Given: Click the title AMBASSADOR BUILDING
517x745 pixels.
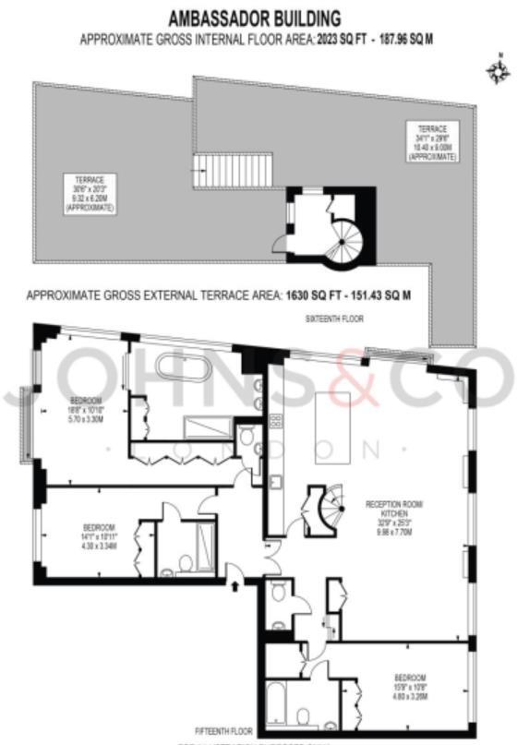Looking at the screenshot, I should pos(254,18).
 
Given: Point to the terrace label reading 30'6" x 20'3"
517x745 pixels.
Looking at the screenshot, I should pos(90,194).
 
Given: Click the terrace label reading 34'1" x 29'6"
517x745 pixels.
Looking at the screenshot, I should pos(432,143).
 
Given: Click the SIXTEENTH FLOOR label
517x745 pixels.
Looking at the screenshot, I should pos(333,318).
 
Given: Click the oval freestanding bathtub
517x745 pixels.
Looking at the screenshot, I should pos(186,366).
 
